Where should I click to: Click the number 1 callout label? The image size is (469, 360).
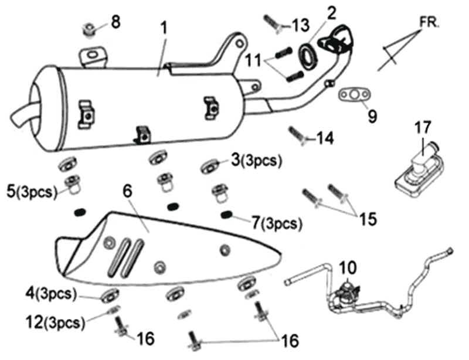click(165, 28)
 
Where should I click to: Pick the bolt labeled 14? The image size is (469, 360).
click(298, 135)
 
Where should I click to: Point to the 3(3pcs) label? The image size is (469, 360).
click(256, 160)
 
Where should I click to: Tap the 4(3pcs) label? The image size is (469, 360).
click(49, 292)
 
